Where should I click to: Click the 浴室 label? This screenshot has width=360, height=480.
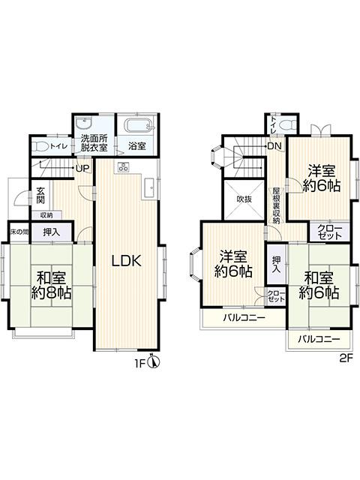click(x=136, y=145)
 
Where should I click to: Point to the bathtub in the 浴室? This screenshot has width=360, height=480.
click(x=137, y=125)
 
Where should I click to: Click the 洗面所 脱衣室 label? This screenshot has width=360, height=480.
click(x=94, y=142)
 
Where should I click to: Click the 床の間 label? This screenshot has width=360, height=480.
click(x=18, y=232)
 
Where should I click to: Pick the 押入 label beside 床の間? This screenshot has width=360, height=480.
click(x=52, y=232)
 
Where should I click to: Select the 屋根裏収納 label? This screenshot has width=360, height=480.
click(x=276, y=205)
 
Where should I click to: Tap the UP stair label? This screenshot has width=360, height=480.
click(x=79, y=169)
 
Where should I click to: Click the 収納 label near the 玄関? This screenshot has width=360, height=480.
click(x=46, y=214)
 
